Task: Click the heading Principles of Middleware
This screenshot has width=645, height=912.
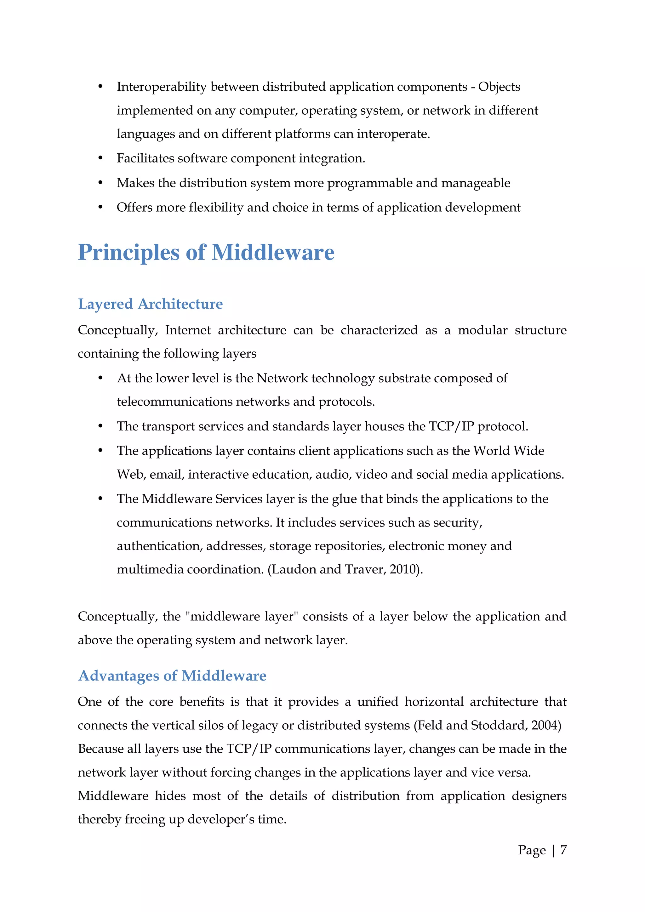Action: tap(206, 253)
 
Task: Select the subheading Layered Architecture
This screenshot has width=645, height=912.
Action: tap(150, 304)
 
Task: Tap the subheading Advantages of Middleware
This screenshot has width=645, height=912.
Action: tap(172, 676)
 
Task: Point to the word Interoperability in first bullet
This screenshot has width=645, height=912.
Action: tap(162, 87)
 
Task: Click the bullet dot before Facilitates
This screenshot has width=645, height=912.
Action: tap(100, 158)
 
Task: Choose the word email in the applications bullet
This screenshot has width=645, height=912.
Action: tap(166, 475)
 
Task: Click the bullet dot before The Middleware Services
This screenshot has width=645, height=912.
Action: tap(100, 499)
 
